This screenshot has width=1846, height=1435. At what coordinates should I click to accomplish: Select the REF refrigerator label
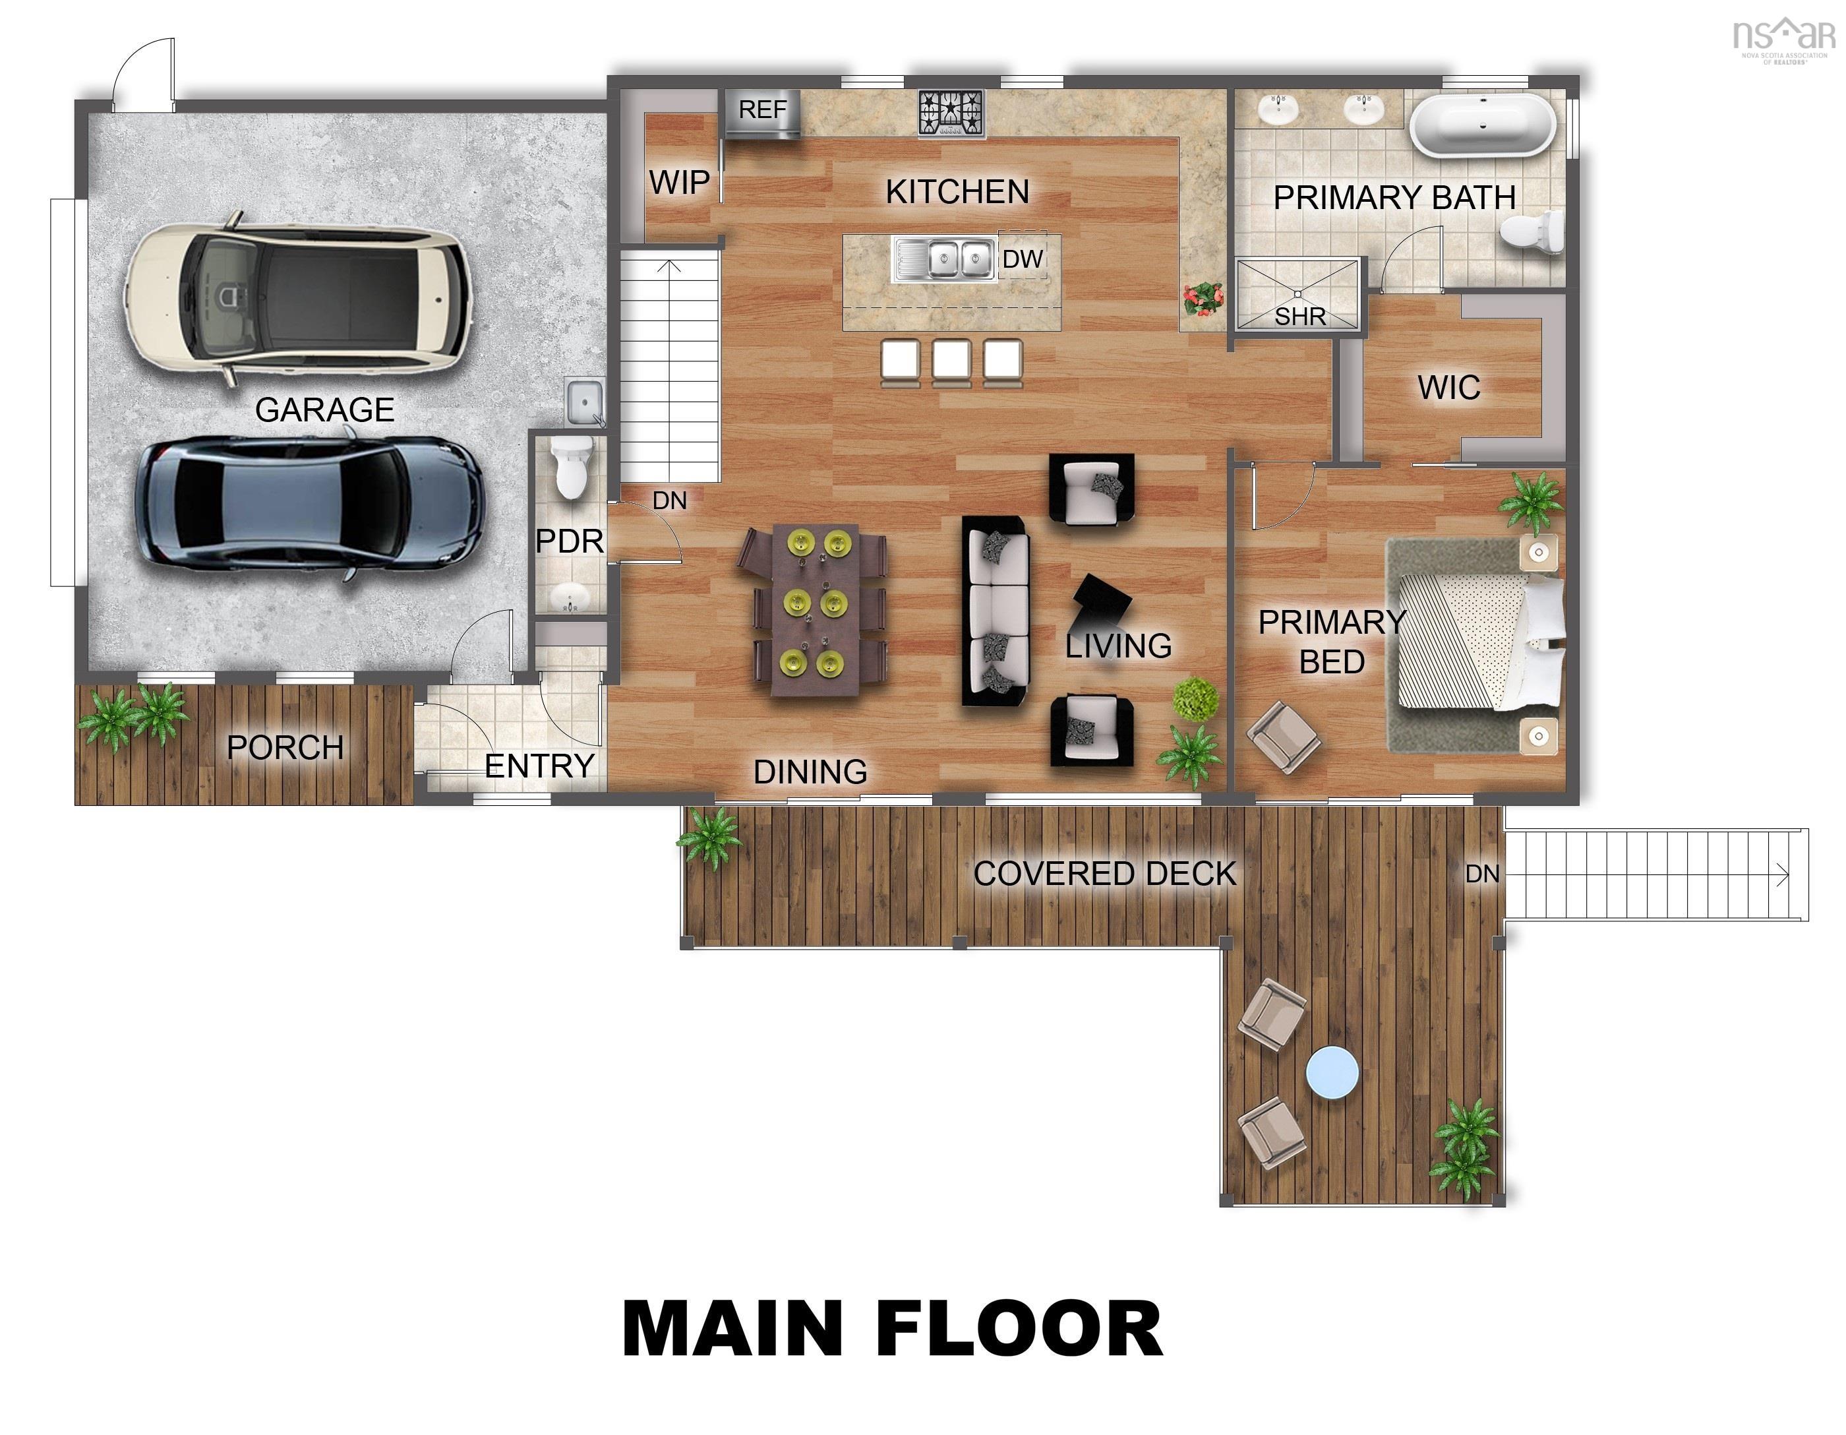click(762, 110)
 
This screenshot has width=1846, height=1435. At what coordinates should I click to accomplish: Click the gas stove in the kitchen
click(952, 113)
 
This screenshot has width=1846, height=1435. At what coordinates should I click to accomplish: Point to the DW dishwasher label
click(1023, 259)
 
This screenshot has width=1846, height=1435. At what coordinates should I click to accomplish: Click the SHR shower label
click(1300, 317)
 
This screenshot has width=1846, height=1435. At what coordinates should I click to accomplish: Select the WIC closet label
click(1448, 387)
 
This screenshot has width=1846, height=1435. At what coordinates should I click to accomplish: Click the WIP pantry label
click(678, 182)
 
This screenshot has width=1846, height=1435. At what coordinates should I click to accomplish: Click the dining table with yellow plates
click(816, 609)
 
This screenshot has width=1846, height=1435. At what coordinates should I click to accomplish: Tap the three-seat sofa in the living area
click(997, 611)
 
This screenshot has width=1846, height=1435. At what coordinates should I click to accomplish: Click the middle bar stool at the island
click(951, 362)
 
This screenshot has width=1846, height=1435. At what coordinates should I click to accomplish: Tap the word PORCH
click(285, 748)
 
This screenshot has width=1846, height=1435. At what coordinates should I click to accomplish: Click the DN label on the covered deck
click(1481, 874)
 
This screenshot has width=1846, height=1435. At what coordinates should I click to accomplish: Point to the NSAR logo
click(1783, 39)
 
